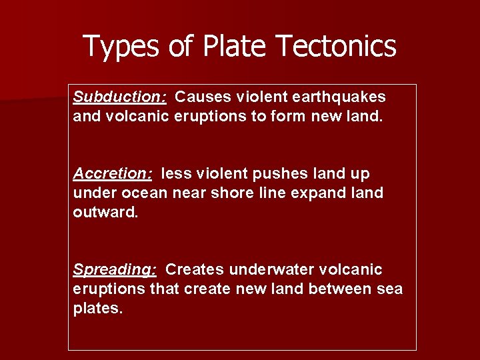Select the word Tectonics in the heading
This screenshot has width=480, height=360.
point(335,47)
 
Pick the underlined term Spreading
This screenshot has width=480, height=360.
point(115,269)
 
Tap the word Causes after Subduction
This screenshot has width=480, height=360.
point(201,97)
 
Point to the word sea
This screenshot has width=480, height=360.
point(389,289)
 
